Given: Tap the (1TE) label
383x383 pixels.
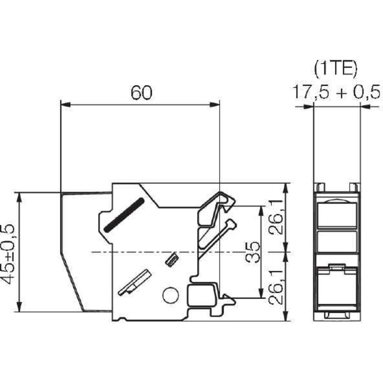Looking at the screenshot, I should point(336,70).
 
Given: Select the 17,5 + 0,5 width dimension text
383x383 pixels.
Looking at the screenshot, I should point(336,91).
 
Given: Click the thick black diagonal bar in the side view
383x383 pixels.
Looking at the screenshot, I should point(123,214).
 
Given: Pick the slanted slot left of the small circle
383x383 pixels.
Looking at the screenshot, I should point(134,283).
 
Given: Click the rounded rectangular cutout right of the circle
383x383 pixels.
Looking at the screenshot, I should point(202,295).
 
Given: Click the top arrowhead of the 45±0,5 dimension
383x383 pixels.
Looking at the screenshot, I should point(19,196).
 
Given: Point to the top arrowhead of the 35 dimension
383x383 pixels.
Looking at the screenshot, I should point(261,209).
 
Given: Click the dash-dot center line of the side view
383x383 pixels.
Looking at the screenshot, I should point(144,252).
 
